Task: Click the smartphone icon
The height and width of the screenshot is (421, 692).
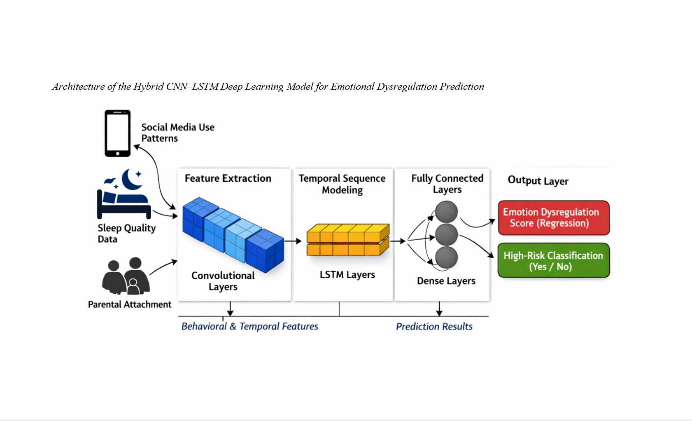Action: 117,133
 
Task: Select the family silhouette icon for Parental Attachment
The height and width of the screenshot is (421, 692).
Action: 125,276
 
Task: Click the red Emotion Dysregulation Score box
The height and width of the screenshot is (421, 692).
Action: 553,218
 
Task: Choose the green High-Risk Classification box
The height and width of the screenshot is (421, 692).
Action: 553,261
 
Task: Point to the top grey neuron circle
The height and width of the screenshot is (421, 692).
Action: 447,212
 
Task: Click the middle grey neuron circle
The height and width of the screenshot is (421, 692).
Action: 447,234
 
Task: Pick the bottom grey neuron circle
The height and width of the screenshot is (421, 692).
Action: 447,257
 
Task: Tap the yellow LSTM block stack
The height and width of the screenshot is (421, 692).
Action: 348,240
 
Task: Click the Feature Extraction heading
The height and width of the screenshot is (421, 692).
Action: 228,178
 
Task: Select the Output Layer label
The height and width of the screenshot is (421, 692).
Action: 538,180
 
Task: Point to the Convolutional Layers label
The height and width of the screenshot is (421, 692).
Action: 223,281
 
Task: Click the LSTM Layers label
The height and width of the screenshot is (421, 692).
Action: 347,275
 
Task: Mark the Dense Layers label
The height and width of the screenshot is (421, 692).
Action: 446,281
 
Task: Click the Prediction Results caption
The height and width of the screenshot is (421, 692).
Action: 434,327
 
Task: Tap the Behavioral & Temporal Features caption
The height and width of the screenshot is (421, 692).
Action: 249,326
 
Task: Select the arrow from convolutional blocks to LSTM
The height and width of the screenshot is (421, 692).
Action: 293,241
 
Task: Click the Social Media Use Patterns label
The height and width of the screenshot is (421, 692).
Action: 177,133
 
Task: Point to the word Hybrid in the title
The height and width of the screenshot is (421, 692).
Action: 149,87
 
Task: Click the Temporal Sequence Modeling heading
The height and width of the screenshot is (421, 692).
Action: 342,184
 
